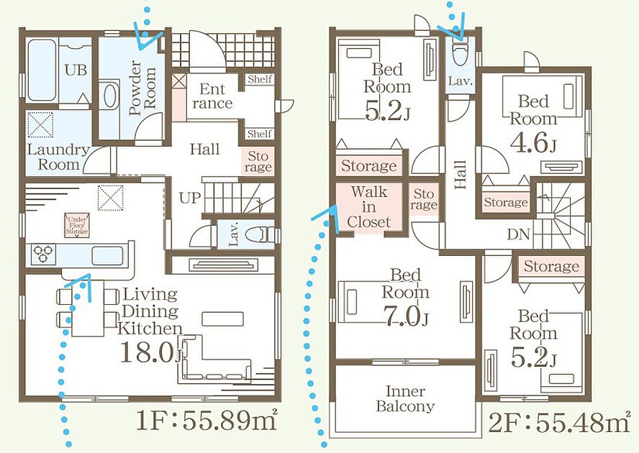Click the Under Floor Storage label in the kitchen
(77, 225)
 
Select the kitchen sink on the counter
(107, 255)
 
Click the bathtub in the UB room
(42, 70)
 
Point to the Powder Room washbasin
(109, 98)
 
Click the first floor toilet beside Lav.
(262, 235)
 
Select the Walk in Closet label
(369, 206)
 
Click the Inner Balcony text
(405, 398)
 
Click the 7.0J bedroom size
(405, 316)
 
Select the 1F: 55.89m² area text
(207, 421)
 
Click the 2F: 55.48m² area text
(559, 422)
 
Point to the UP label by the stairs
(190, 198)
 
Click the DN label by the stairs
(518, 234)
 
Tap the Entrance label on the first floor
(212, 96)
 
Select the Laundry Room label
(58, 157)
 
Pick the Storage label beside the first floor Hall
(258, 162)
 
